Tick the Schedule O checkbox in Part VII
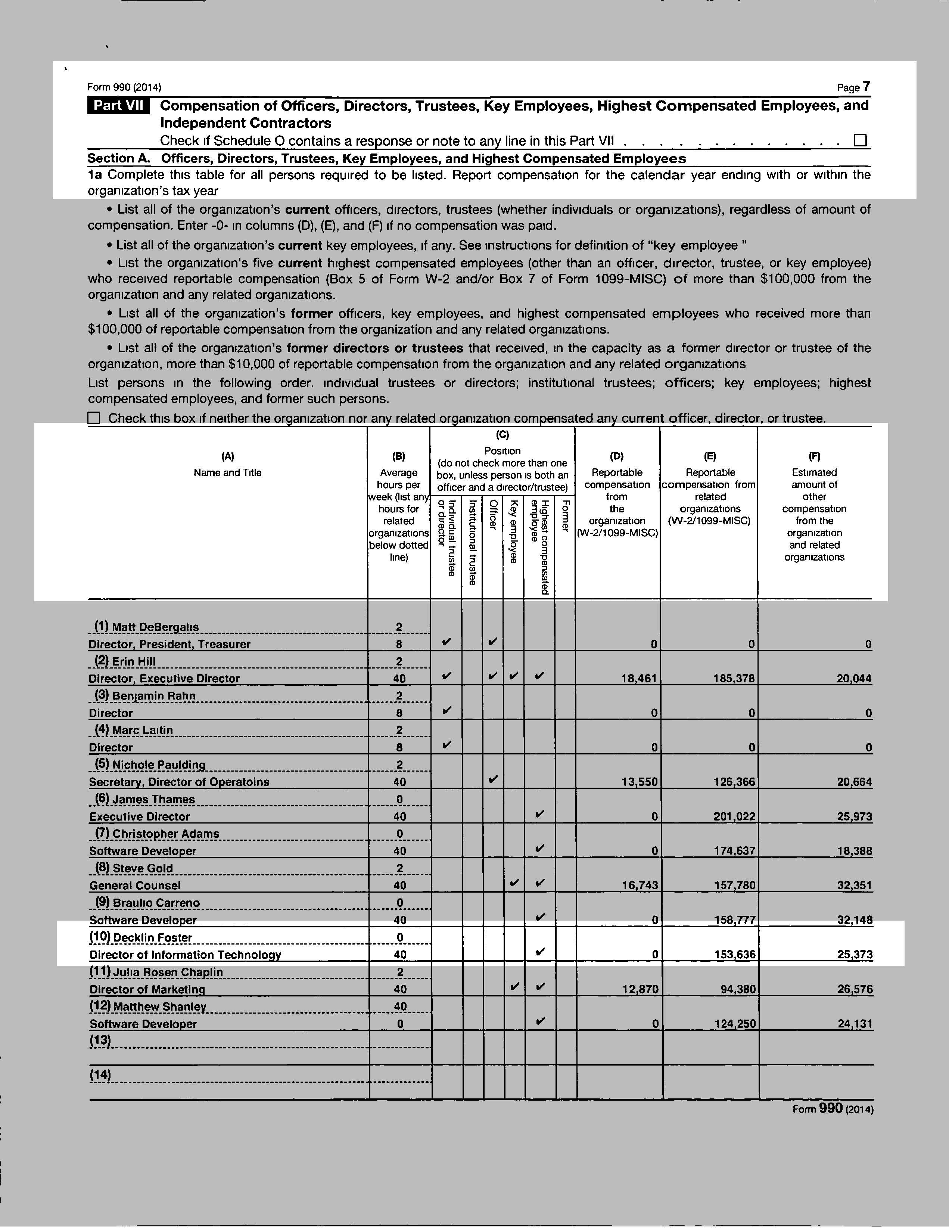click(x=860, y=140)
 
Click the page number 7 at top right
click(x=866, y=87)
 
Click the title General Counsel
click(x=135, y=886)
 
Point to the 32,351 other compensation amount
click(x=854, y=886)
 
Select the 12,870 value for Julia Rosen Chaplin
click(x=639, y=989)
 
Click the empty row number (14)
click(x=100, y=1074)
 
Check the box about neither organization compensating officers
click(x=94, y=418)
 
